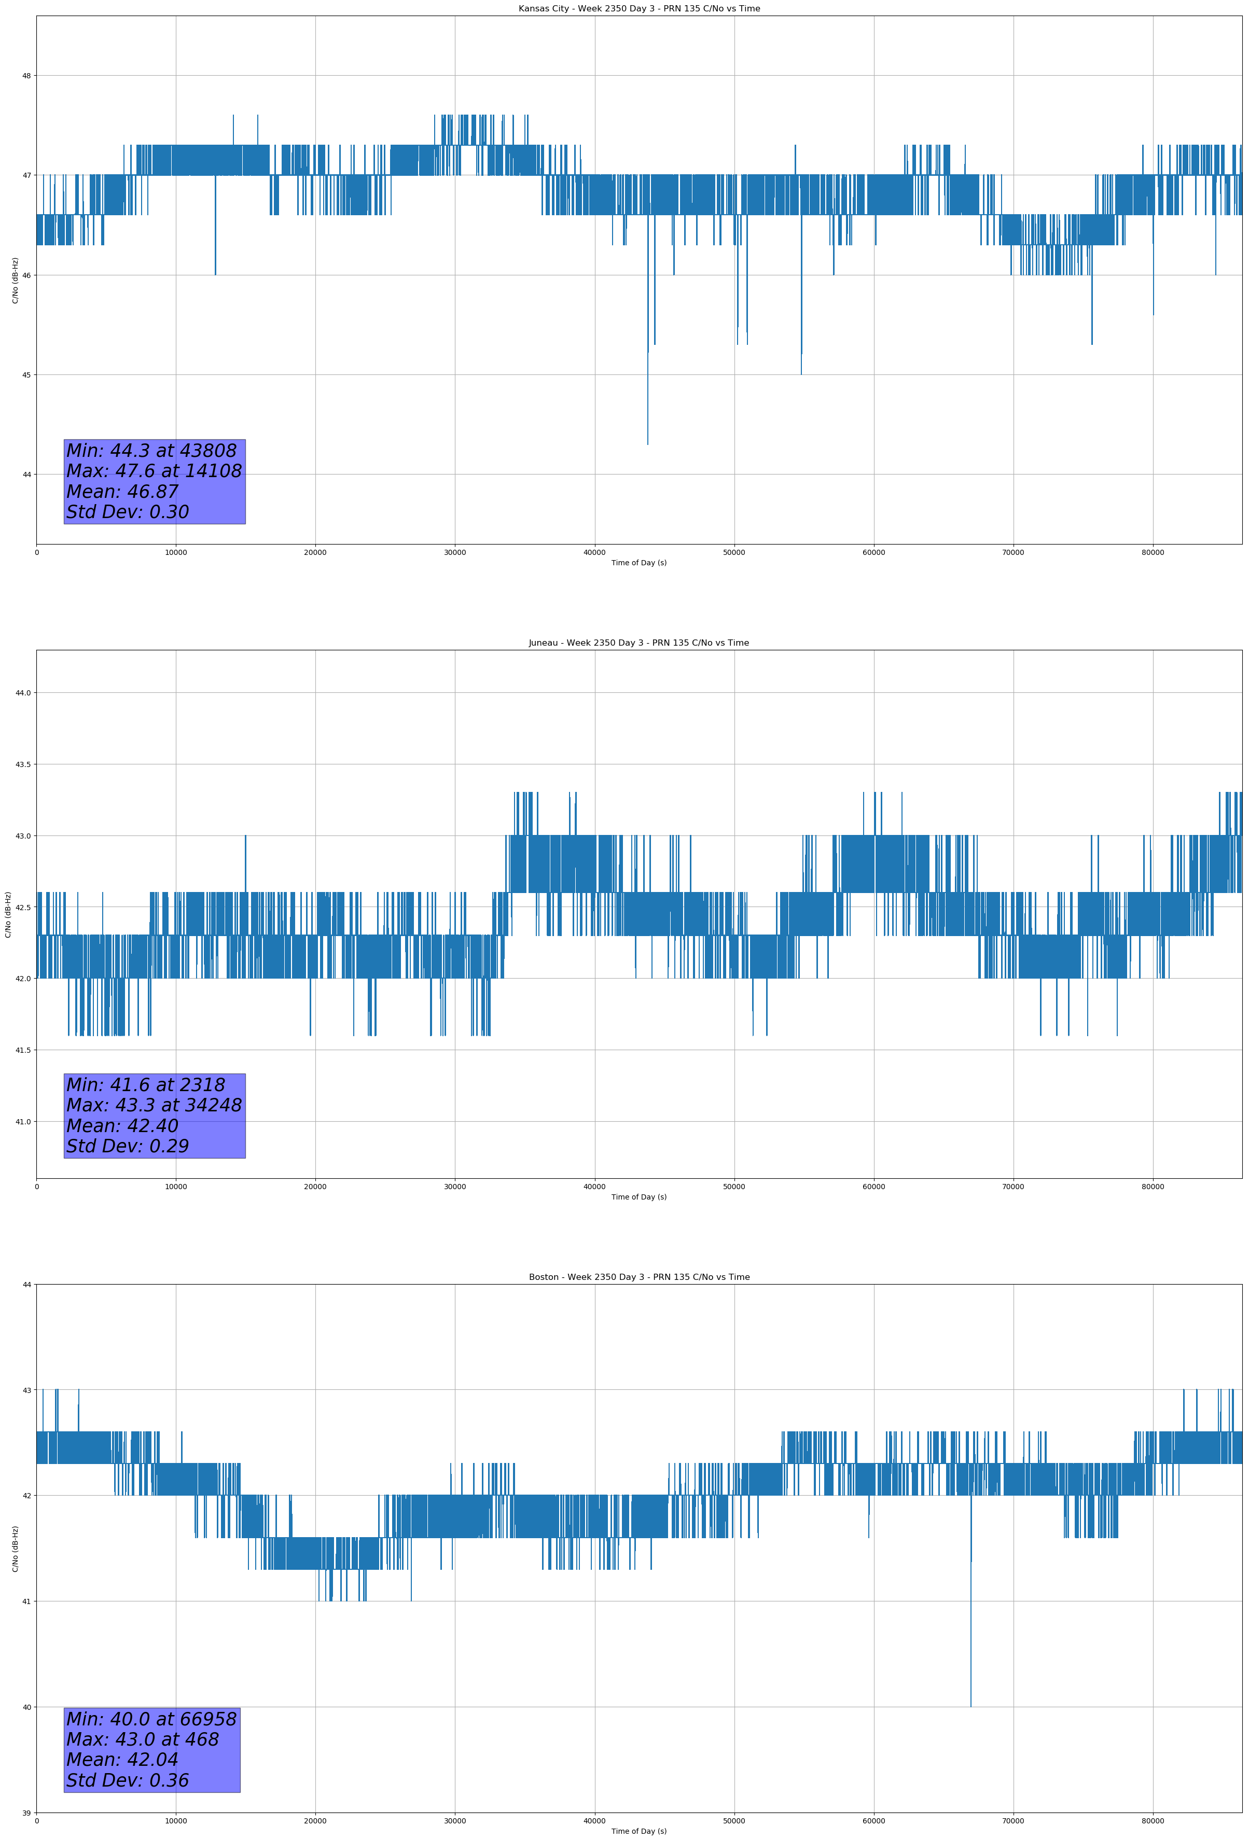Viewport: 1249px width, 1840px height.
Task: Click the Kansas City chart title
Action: click(639, 9)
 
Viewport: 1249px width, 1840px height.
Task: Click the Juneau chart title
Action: click(639, 643)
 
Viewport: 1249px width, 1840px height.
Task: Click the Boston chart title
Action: click(639, 1277)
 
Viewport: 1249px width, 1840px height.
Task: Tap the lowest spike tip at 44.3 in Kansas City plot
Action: click(647, 443)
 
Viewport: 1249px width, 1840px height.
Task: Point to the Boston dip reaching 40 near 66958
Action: click(970, 1705)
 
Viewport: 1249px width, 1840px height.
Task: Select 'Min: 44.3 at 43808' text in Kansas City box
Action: click(151, 451)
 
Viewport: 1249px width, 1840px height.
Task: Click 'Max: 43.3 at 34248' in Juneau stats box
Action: click(154, 1105)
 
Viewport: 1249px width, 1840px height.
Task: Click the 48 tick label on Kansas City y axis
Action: click(26, 76)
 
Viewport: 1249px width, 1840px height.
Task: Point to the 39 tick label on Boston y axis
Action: click(26, 1813)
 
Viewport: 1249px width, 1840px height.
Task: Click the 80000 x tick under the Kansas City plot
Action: click(1153, 553)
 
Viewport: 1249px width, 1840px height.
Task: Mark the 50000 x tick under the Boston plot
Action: click(733, 1821)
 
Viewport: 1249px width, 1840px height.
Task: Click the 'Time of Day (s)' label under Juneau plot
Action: click(639, 1197)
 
